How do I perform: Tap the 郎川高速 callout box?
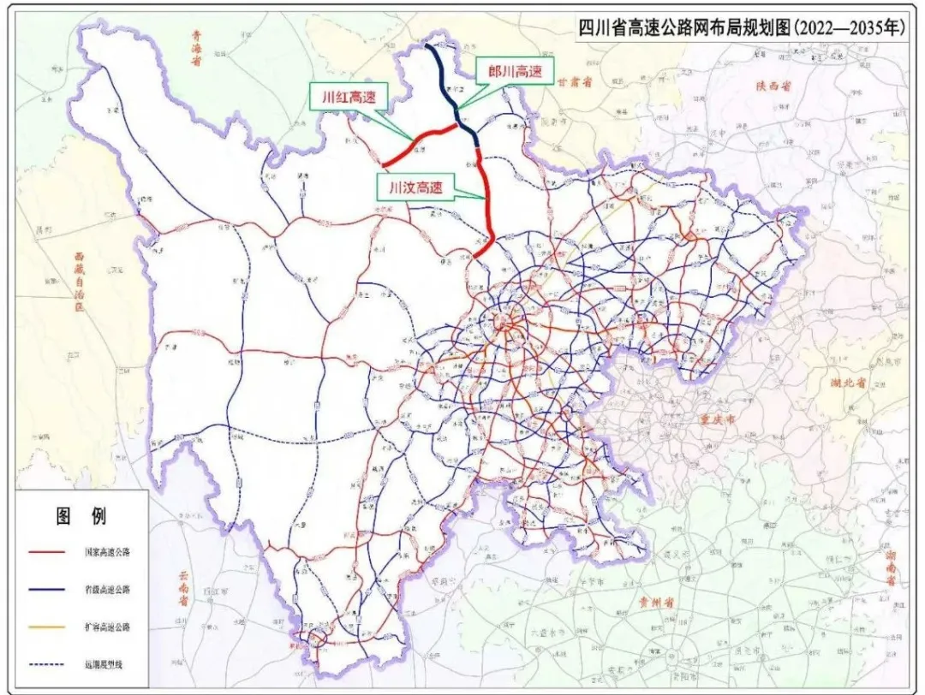pyautogui.click(x=515, y=73)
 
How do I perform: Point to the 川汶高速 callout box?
pyautogui.click(x=415, y=187)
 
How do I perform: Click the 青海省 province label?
pyautogui.click(x=196, y=49)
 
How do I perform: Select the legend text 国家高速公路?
pyautogui.click(x=105, y=552)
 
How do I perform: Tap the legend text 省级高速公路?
pyautogui.click(x=105, y=590)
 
